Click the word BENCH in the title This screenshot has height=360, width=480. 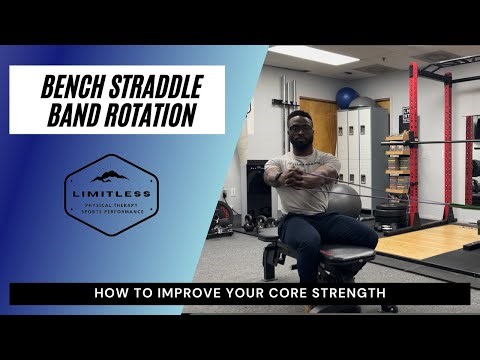[76, 86]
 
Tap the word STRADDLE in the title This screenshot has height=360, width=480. [157, 86]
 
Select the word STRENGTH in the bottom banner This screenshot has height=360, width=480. [354, 294]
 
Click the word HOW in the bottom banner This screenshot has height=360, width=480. [111, 294]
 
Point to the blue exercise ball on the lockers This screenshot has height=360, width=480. [347, 97]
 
